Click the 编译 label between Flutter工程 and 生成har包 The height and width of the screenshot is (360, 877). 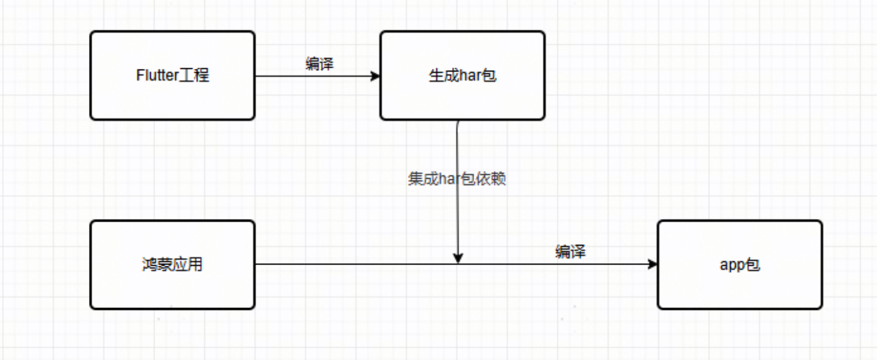(319, 64)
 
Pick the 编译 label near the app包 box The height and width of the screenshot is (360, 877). (570, 251)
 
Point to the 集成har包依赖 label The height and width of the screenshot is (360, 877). (457, 179)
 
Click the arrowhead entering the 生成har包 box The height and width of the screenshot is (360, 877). (375, 76)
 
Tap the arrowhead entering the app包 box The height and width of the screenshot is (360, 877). (652, 264)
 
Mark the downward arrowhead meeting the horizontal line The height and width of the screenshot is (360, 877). (459, 258)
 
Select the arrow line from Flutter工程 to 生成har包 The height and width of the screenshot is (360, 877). (312, 76)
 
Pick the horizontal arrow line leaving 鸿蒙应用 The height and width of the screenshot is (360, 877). (357, 264)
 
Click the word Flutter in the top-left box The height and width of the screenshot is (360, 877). (156, 75)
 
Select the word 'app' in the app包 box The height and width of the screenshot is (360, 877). (731, 265)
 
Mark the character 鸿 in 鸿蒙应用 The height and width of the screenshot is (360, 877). (149, 264)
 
